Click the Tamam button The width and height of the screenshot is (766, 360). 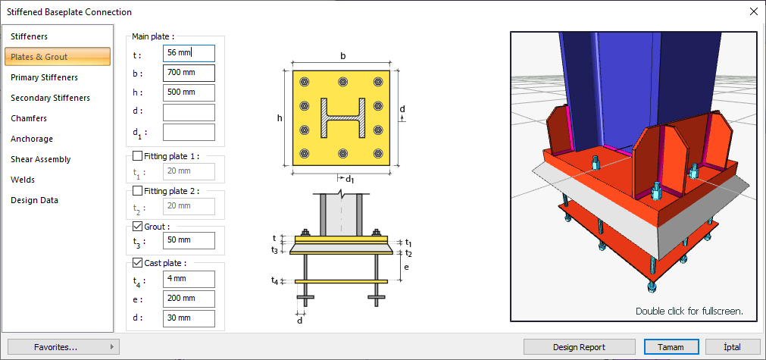coord(671,347)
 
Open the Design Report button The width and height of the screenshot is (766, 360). coord(579,347)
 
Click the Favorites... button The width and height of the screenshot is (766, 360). coord(64,347)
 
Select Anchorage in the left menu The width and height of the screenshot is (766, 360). coord(32,139)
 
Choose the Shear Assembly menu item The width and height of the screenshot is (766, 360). coord(41,159)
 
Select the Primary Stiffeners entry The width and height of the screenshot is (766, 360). coord(44,77)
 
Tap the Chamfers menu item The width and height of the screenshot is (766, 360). coord(29,118)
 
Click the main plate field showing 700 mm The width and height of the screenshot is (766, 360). coord(189,74)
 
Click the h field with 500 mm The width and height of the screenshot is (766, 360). coord(189,92)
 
